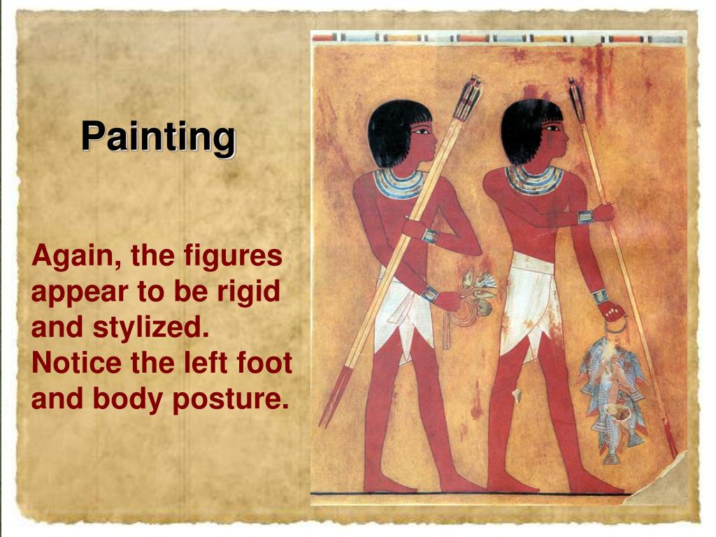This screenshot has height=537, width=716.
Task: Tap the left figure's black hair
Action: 392,129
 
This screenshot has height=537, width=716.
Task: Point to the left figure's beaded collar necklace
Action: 399,182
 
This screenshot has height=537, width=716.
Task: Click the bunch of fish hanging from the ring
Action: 610,392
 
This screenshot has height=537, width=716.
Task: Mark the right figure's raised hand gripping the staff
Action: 603,211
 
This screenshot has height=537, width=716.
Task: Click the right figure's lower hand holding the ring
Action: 613,310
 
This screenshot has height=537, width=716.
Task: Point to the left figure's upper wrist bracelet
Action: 429,235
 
